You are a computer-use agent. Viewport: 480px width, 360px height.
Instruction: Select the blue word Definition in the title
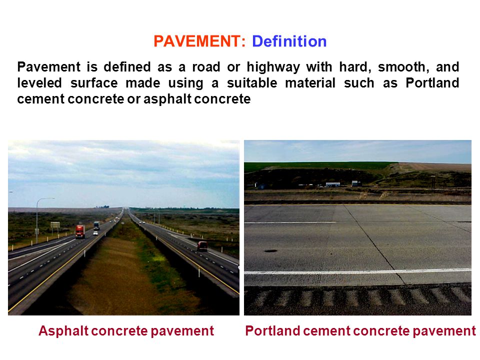click(x=289, y=41)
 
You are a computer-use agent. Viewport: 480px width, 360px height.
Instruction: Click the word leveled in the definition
click(x=39, y=82)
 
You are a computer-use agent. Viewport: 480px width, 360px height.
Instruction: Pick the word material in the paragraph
click(x=310, y=82)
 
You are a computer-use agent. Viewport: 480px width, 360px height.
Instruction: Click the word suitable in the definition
click(x=252, y=82)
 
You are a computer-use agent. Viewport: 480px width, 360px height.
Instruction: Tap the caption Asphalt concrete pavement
click(x=126, y=331)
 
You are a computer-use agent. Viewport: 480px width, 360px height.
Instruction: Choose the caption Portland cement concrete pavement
click(x=360, y=331)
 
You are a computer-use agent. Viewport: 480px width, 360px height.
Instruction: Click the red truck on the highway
click(x=80, y=231)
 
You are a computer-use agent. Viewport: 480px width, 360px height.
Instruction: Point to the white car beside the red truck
click(x=95, y=233)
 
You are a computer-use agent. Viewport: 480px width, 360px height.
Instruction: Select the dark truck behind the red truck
click(x=96, y=225)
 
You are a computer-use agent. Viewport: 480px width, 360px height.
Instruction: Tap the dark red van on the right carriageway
click(x=202, y=246)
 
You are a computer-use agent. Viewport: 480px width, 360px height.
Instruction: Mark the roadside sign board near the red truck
click(x=55, y=225)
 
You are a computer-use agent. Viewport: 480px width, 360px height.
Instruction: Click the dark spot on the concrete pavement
click(x=270, y=251)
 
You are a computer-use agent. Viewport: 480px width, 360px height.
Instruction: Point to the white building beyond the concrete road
click(x=333, y=184)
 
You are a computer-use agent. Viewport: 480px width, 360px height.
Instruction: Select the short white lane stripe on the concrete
click(x=290, y=222)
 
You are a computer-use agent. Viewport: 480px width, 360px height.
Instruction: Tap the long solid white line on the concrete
click(x=357, y=271)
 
